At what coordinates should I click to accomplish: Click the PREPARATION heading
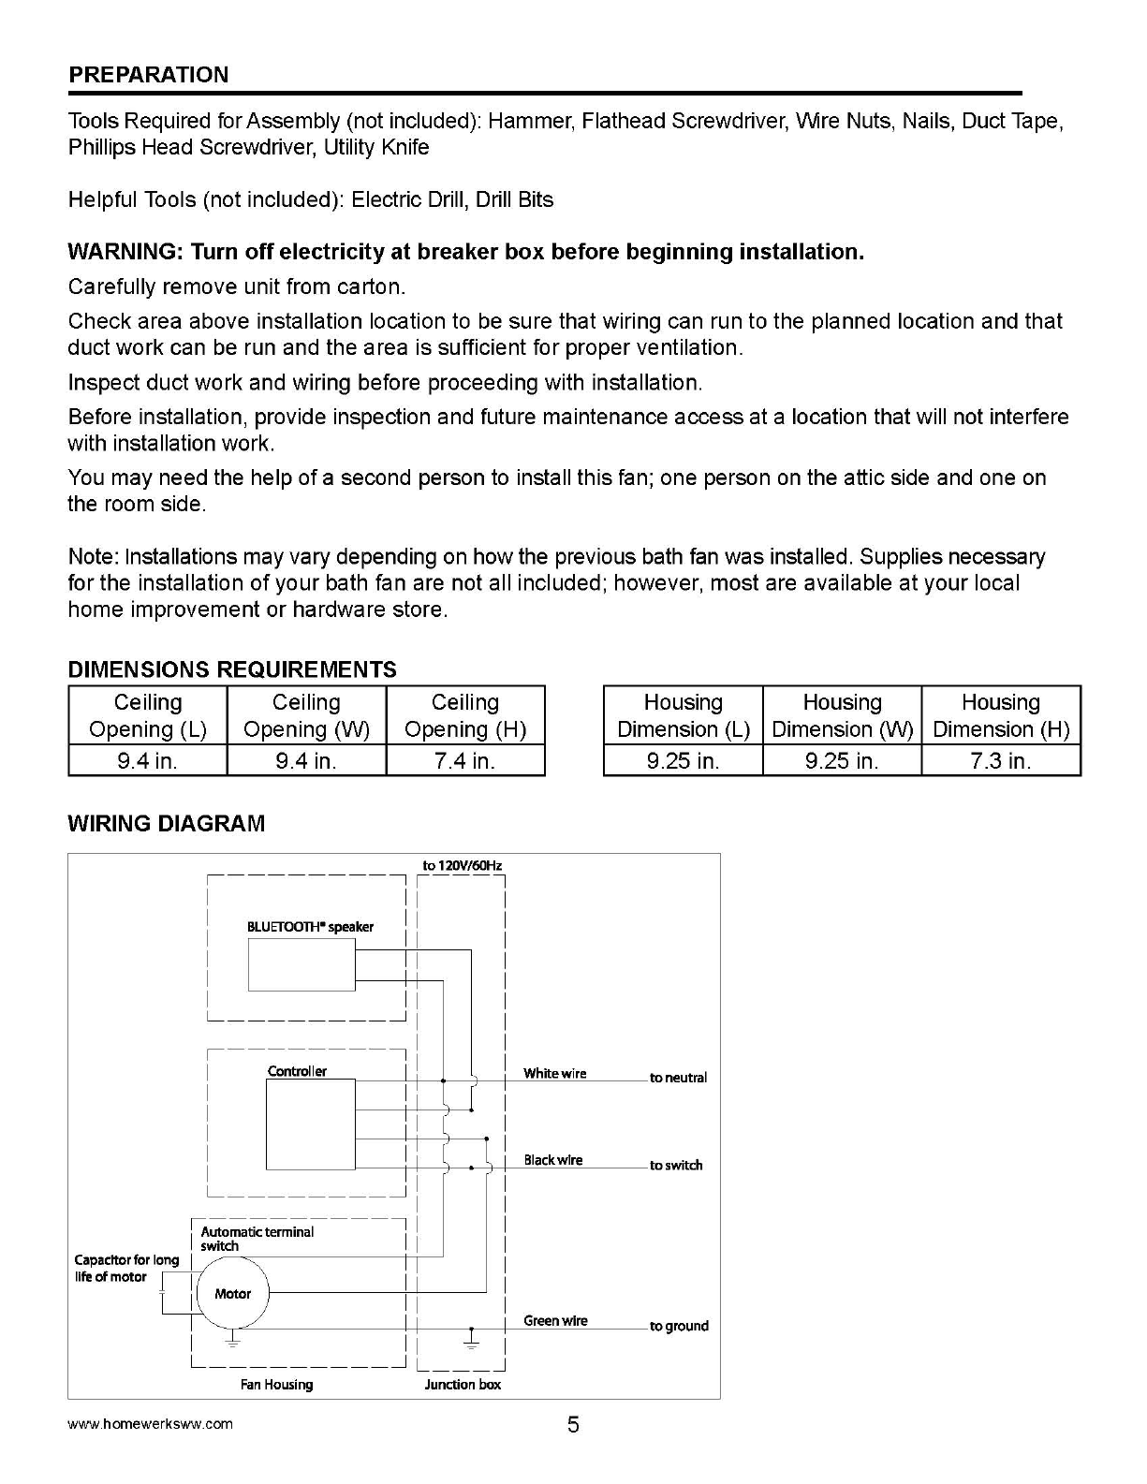coord(148,75)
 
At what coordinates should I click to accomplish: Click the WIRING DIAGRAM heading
coord(166,824)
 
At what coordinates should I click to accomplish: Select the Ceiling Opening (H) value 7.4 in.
coord(464,761)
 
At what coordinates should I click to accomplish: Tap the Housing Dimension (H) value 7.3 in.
coord(1000,761)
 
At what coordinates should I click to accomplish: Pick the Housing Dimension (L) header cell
coord(683,715)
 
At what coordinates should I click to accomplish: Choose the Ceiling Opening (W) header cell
coord(306,715)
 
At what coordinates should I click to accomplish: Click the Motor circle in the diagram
coord(231,1294)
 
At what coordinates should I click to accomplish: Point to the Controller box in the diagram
coord(311,1124)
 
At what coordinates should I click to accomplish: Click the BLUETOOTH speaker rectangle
coord(301,964)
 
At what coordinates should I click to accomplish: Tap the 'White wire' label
coord(554,1074)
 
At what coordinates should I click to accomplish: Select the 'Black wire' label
coord(552,1160)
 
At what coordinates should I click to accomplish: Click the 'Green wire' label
coord(555,1321)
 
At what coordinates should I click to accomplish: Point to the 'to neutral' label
coord(678,1078)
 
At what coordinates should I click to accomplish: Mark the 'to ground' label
coord(679,1326)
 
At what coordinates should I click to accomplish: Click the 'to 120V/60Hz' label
coord(462,865)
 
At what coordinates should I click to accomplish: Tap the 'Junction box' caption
coord(463,1385)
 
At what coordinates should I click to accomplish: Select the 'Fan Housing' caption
coord(276,1385)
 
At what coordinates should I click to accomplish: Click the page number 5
coord(573,1425)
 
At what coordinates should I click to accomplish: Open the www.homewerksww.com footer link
coord(150,1424)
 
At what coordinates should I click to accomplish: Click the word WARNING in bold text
coord(125,252)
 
